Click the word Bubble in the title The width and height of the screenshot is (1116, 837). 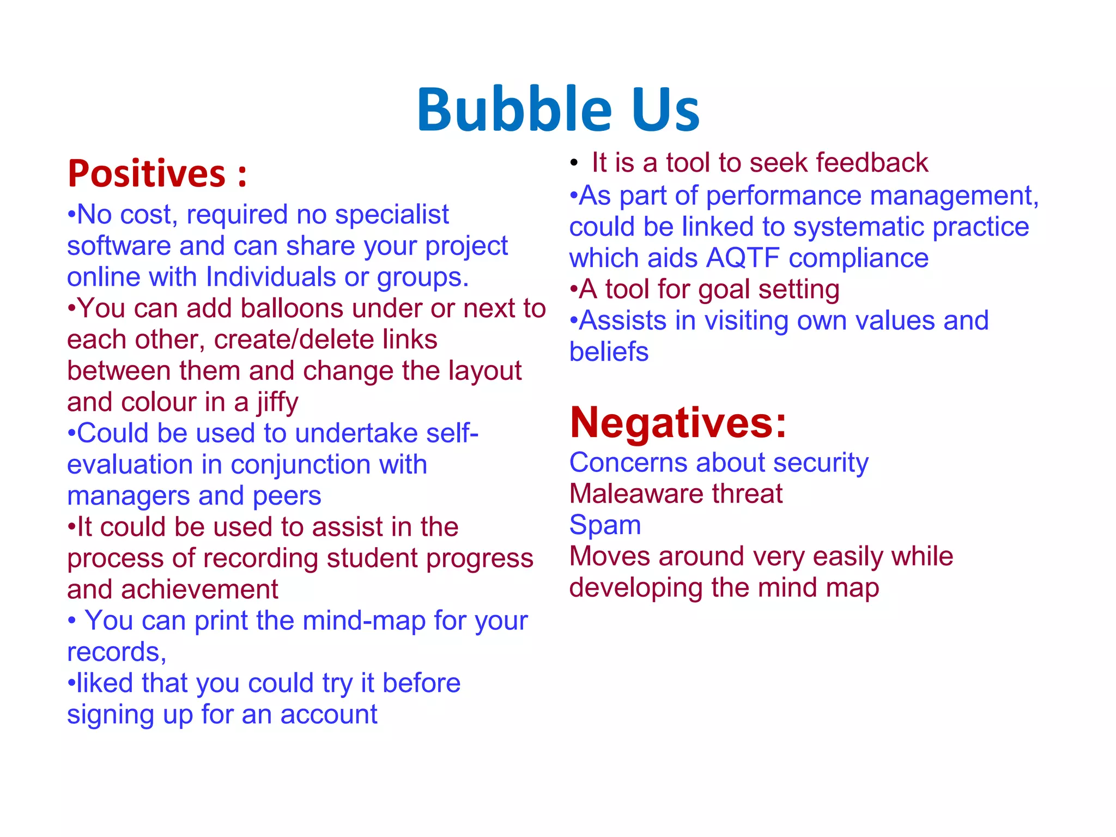(514, 110)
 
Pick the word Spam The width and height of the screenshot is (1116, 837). (605, 525)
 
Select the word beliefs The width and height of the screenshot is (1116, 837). (609, 352)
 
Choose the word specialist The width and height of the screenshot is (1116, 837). (392, 215)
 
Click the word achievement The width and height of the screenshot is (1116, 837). (199, 590)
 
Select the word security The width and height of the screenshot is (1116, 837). (820, 463)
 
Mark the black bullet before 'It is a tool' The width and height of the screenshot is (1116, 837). (573, 163)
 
